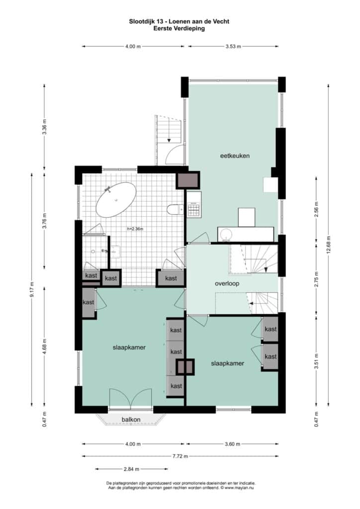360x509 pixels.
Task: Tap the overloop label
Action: pyautogui.click(x=227, y=283)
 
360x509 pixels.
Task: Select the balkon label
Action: pyautogui.click(x=131, y=420)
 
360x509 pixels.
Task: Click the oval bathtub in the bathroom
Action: pyautogui.click(x=116, y=200)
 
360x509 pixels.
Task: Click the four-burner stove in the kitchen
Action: pyautogui.click(x=194, y=209)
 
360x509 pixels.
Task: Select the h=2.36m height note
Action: pyautogui.click(x=135, y=229)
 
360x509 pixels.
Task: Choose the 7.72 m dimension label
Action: pyautogui.click(x=180, y=456)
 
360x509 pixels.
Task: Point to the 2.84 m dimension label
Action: pyautogui.click(x=131, y=469)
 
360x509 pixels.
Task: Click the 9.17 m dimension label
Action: pyautogui.click(x=31, y=290)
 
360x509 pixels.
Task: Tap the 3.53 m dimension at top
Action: pyautogui.click(x=233, y=46)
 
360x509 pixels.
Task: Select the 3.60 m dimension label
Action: pyautogui.click(x=232, y=444)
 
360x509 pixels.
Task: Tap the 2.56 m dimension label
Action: pyautogui.click(x=317, y=210)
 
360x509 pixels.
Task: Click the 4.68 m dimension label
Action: pyautogui.click(x=44, y=346)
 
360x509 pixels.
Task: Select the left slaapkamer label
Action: pyautogui.click(x=129, y=347)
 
